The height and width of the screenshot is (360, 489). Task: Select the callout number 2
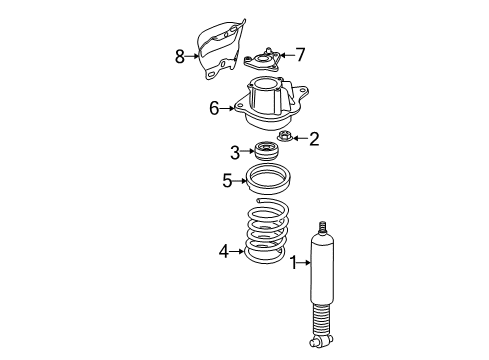(x=313, y=139)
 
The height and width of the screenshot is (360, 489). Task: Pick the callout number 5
(x=228, y=181)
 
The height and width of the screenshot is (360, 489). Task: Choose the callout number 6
(x=214, y=107)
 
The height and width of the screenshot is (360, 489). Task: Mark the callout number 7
(x=299, y=54)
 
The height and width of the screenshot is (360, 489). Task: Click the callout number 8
(x=180, y=57)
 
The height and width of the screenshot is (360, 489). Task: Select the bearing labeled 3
(x=266, y=152)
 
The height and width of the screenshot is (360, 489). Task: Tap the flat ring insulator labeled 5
(x=271, y=183)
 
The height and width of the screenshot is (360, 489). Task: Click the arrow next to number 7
(x=283, y=54)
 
